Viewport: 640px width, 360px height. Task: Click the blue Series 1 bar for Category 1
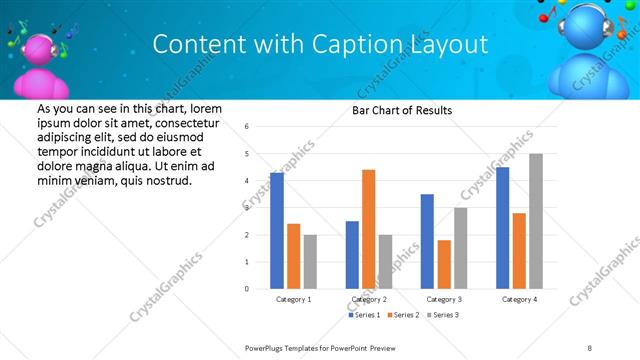(x=277, y=231)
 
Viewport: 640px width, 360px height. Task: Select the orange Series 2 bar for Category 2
(x=368, y=229)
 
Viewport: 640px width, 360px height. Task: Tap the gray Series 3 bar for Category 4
(x=536, y=221)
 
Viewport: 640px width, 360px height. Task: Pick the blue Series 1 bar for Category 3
(x=427, y=241)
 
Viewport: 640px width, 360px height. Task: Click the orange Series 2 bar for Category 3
(x=444, y=264)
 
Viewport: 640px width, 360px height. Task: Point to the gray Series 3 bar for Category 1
(x=310, y=262)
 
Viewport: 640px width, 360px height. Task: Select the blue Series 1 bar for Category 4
(x=502, y=228)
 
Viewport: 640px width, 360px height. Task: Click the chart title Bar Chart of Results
(x=402, y=110)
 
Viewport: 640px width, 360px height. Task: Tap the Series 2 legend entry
(x=404, y=316)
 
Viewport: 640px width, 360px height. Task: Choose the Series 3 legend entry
(x=445, y=316)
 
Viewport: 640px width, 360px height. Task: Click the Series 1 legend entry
(x=364, y=316)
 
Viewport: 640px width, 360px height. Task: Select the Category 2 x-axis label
(x=369, y=299)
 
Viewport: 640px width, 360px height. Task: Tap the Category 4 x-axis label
(x=519, y=299)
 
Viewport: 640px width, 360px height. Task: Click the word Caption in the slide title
(x=345, y=44)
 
